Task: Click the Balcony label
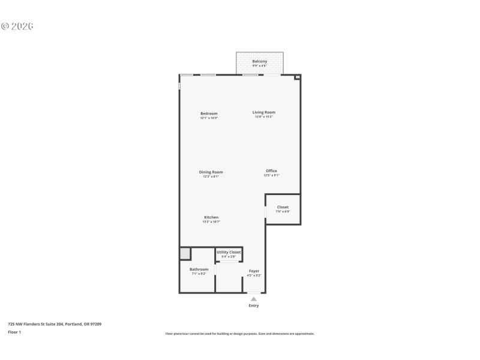coord(259,61)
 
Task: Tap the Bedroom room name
coord(209,113)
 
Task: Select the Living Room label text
coord(264,112)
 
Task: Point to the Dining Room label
coord(211,172)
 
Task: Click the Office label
coord(271,171)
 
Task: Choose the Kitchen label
coord(211,217)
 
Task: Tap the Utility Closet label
coord(229,252)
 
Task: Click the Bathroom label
coord(199,269)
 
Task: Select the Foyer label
coord(254,271)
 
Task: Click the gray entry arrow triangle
coord(254,299)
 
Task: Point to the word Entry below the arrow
coord(254,306)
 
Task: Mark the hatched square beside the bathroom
coord(185,254)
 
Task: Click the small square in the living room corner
coord(296,77)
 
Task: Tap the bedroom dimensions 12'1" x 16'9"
coord(209,118)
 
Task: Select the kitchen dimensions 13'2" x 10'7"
coord(211,222)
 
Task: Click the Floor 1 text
coord(14,332)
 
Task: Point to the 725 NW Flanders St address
coord(55,324)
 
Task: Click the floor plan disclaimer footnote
coord(240,334)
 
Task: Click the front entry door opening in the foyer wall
coord(254,293)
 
